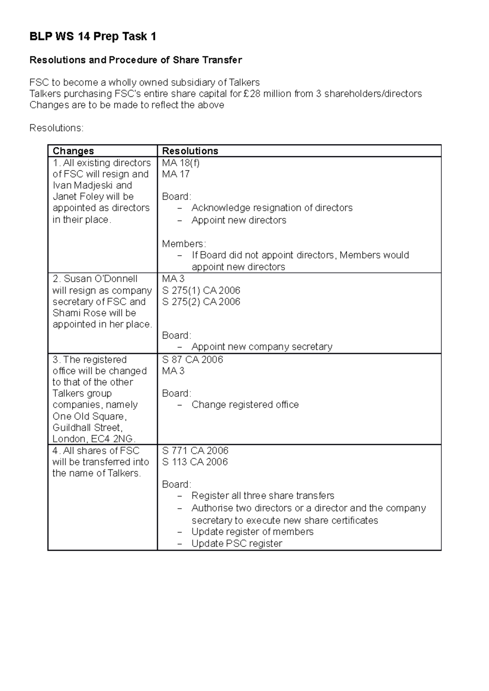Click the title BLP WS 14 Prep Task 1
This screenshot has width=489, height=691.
click(93, 37)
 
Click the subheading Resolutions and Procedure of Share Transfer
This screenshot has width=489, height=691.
click(136, 60)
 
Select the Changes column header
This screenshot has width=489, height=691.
click(73, 151)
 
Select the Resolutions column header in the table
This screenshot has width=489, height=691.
click(190, 151)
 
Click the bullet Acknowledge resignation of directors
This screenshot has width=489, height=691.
click(272, 208)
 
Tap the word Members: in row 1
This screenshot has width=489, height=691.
click(184, 244)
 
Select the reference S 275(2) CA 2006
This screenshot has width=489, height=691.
click(201, 302)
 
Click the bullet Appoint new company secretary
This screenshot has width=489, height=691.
click(262, 347)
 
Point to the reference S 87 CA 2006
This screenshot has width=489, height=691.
click(192, 360)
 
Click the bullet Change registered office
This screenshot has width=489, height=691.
click(245, 405)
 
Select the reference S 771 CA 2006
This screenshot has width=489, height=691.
click(195, 451)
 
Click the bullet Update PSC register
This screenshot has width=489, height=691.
click(237, 544)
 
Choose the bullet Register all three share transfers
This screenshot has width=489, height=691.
click(263, 496)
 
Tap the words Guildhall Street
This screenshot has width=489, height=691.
click(87, 428)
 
